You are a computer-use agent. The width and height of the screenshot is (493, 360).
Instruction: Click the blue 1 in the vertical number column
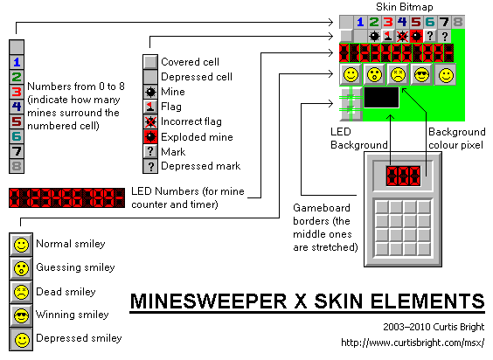(x=17, y=62)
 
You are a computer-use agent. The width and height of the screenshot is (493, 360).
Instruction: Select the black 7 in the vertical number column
(x=17, y=151)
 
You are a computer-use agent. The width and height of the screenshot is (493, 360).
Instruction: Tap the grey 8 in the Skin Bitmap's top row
(x=458, y=22)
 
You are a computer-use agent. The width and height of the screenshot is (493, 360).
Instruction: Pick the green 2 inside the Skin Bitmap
(x=373, y=22)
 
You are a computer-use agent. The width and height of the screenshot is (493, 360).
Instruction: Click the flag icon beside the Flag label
(x=150, y=107)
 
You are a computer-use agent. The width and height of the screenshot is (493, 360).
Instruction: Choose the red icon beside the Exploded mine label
(x=150, y=136)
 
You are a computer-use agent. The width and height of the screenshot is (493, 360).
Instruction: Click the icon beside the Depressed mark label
(x=150, y=166)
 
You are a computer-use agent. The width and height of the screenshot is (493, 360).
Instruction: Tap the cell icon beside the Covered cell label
(x=150, y=62)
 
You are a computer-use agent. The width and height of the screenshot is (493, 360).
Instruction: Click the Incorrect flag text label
(x=191, y=121)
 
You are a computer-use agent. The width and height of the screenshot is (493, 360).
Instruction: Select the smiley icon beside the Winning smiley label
(x=21, y=315)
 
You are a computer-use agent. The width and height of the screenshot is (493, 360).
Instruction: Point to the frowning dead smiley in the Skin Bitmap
(x=398, y=75)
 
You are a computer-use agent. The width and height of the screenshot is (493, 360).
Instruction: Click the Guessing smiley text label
(x=75, y=267)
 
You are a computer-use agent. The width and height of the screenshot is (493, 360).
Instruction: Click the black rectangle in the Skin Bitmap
(x=381, y=98)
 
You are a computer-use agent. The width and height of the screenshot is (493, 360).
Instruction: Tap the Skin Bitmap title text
(x=405, y=7)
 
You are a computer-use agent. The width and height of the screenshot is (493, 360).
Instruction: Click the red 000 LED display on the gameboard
(x=403, y=176)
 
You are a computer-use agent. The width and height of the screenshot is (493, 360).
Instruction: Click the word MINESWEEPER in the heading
(x=208, y=301)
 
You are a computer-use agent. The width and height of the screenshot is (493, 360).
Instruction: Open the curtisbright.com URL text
(x=413, y=343)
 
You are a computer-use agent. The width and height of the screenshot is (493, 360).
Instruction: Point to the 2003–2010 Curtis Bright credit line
(x=434, y=327)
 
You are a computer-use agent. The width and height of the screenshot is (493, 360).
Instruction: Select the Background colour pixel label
(x=456, y=138)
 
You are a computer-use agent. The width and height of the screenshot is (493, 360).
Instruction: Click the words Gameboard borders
(x=322, y=214)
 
